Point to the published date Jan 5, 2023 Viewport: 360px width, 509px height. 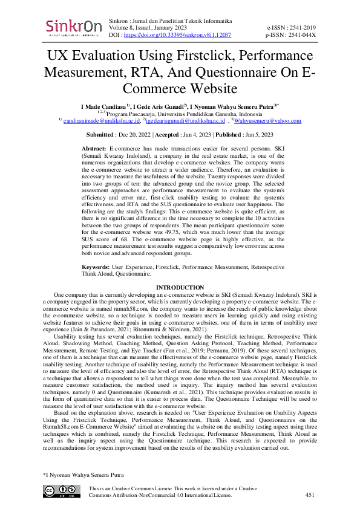pyautogui.click(x=255, y=135)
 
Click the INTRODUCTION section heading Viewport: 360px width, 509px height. pyautogui.click(x=180, y=287)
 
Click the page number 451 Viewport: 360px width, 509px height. pyautogui.click(x=310, y=494)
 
